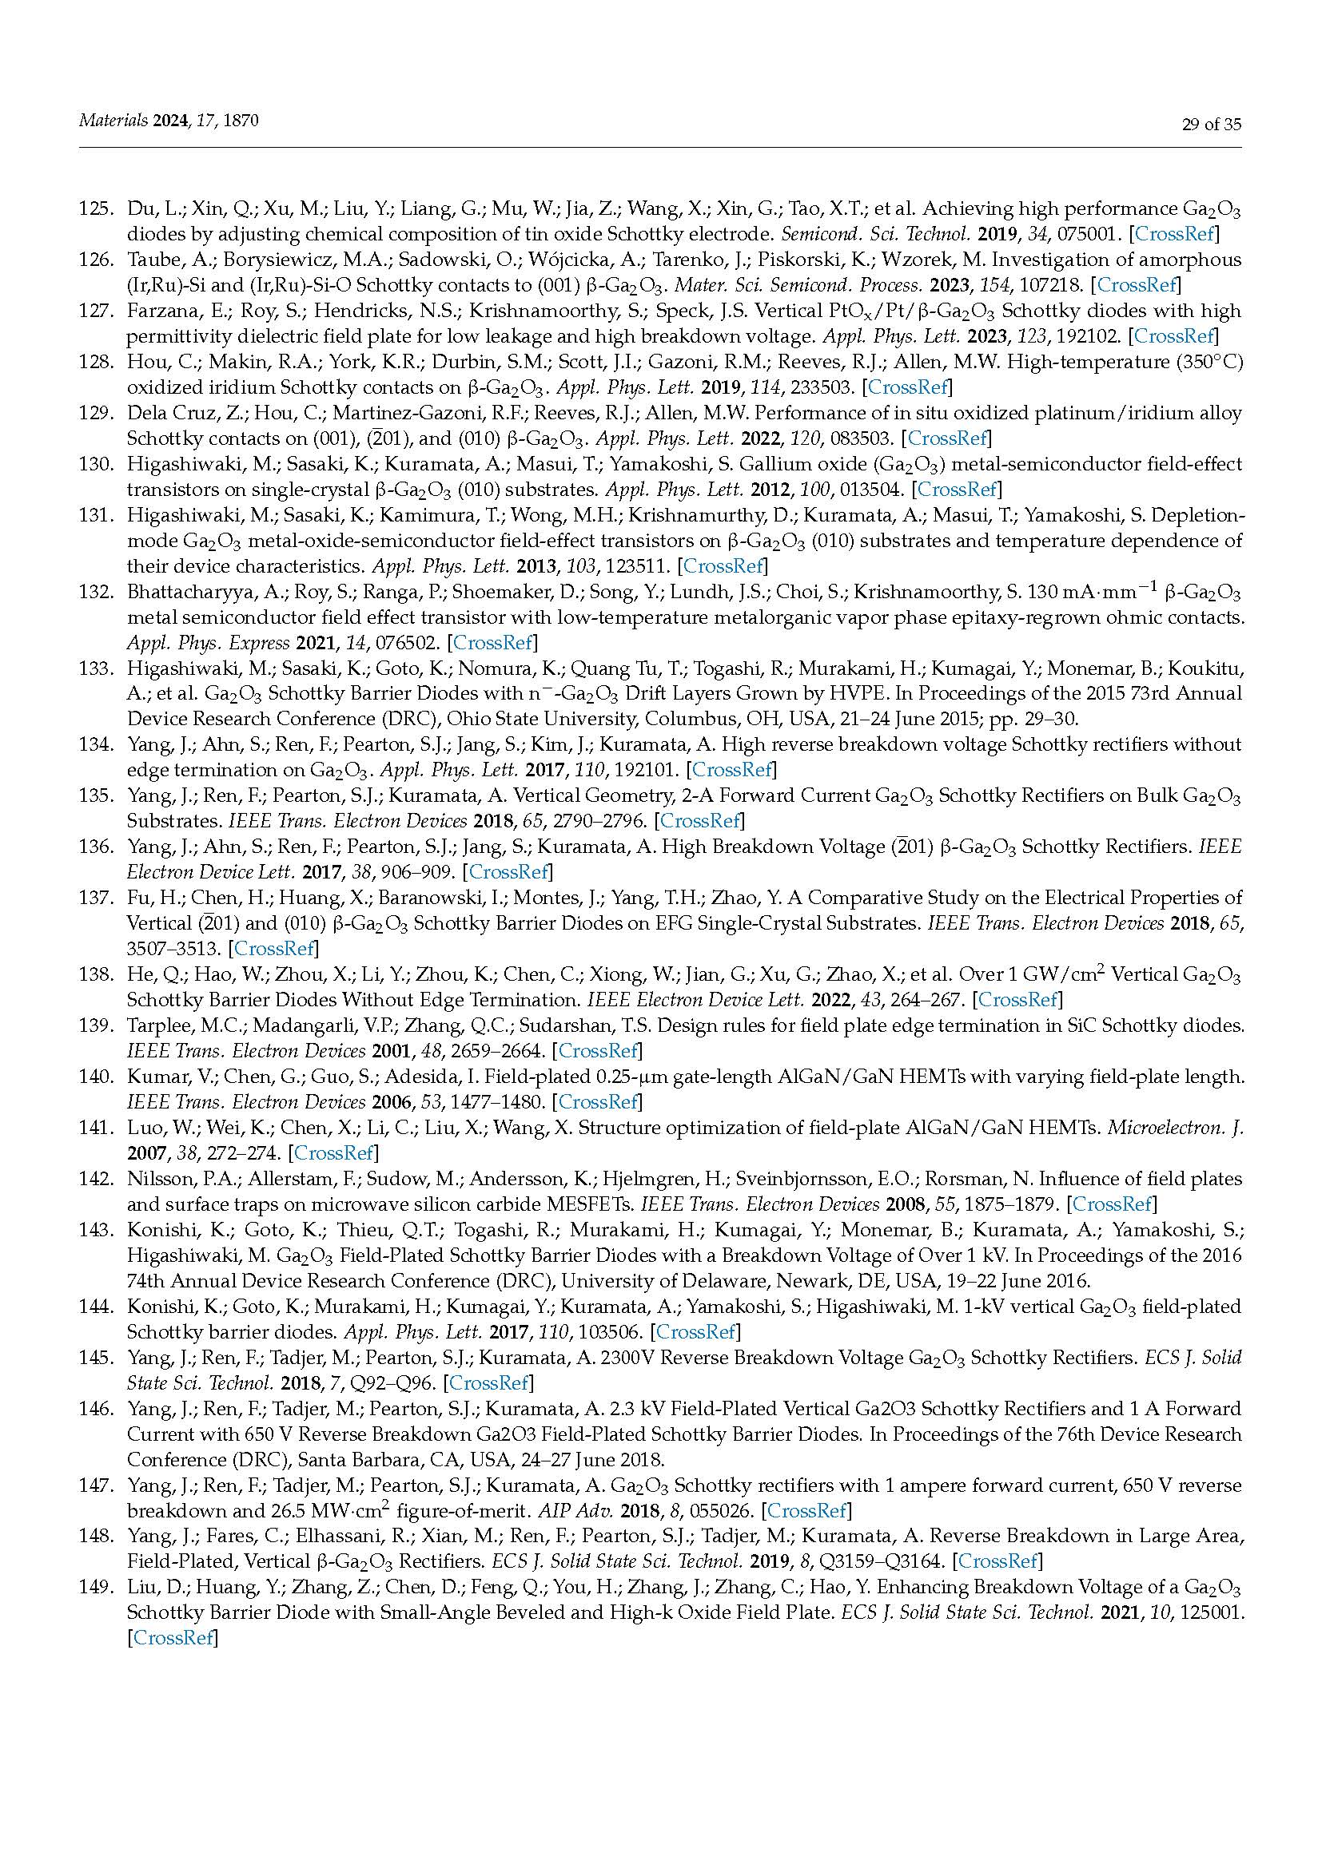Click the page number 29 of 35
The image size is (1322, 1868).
[x=1210, y=125]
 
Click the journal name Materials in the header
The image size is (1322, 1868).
[x=113, y=121]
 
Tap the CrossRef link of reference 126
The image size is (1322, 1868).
[x=1136, y=286]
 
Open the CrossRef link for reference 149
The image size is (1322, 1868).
[x=173, y=1638]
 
